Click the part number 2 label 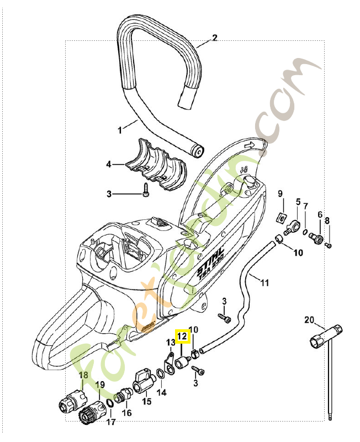(x=215, y=38)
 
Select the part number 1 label (x=120, y=130)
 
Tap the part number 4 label (x=109, y=164)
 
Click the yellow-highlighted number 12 (x=182, y=334)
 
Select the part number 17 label (x=111, y=423)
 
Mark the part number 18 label (x=83, y=375)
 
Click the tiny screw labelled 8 (x=328, y=244)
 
